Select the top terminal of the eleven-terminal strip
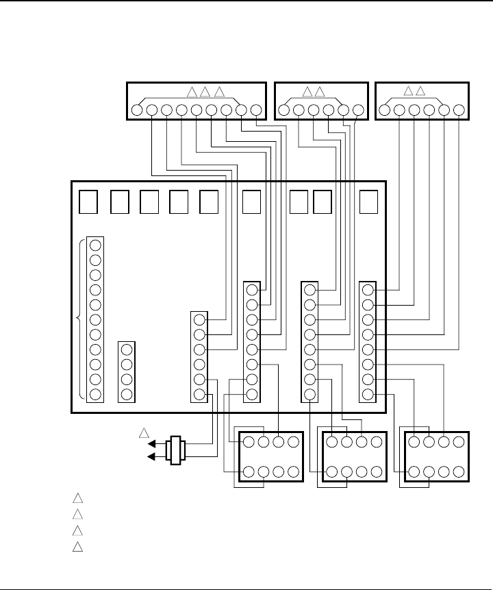[x=95, y=245]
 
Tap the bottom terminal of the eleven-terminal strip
[x=95, y=395]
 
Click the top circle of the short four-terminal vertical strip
[x=126, y=349]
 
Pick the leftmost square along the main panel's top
[x=88, y=201]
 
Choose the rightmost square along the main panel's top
[x=369, y=201]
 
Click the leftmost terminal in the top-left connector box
[x=136, y=110]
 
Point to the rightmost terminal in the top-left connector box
[x=256, y=110]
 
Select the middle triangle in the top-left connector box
[x=205, y=92]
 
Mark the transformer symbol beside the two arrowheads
[x=175, y=450]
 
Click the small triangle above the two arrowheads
[x=144, y=433]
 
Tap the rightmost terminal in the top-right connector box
[x=459, y=110]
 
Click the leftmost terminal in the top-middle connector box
[x=284, y=110]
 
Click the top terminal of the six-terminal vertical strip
[x=199, y=320]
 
